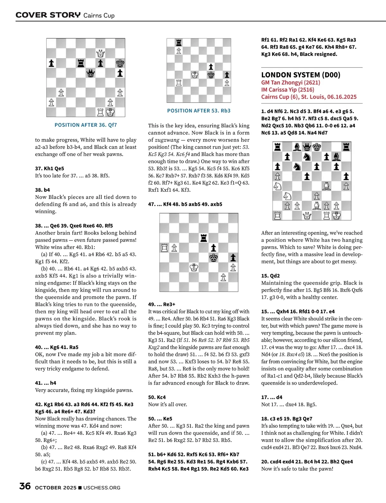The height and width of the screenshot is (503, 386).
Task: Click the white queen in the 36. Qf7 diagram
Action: pyautogui.click(x=100, y=53)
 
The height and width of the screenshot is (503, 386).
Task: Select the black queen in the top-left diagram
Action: pyautogui.click(x=91, y=73)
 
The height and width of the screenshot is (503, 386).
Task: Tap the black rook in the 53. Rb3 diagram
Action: pyautogui.click(x=179, y=43)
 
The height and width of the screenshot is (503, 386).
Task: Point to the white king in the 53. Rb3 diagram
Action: pyautogui.click(x=195, y=75)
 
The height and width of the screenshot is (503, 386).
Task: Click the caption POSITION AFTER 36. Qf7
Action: pyautogui.click(x=86, y=125)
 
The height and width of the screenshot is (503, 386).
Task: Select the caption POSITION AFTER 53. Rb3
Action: pyautogui.click(x=199, y=111)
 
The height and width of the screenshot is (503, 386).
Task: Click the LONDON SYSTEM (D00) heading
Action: pyautogui.click(x=300, y=75)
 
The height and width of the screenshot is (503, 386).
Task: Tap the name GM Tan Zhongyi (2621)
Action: pyautogui.click(x=290, y=83)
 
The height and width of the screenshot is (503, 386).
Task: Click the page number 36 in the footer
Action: pyautogui.click(x=25, y=486)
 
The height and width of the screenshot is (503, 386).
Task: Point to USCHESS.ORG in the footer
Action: pyautogui.click(x=102, y=488)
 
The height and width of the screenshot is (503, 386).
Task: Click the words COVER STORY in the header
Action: pyautogui.click(x=48, y=15)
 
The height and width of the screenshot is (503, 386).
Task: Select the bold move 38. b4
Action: pyautogui.click(x=42, y=190)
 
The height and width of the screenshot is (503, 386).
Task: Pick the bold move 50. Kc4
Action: pyautogui.click(x=157, y=397)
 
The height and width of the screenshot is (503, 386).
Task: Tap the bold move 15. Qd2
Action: pyautogui.click(x=271, y=276)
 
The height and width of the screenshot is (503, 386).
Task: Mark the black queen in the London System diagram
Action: pyautogui.click(x=307, y=147)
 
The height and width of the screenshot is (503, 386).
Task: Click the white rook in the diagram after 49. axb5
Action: pyautogui.click(x=164, y=248)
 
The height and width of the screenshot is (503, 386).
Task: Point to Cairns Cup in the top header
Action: pyautogui.click(x=99, y=15)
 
